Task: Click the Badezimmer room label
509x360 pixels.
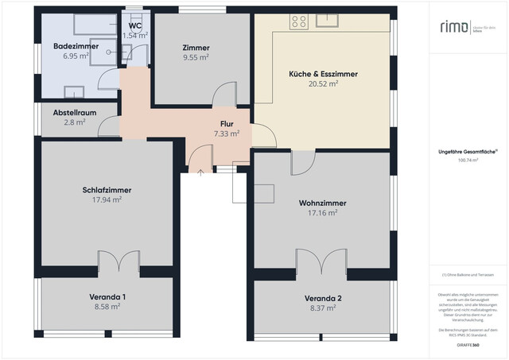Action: (76, 47)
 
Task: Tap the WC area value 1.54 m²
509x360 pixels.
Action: (135, 36)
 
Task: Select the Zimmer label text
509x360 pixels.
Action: (195, 47)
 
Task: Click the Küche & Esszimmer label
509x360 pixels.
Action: (323, 73)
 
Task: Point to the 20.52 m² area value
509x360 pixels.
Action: (323, 83)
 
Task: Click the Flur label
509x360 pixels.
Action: (227, 124)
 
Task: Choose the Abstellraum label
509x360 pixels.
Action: (75, 113)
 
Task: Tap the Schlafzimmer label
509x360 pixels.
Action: (107, 190)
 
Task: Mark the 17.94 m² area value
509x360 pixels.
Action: (107, 200)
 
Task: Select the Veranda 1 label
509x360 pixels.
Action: (107, 296)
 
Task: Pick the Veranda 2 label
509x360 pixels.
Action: (323, 298)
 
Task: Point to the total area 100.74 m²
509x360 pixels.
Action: (467, 160)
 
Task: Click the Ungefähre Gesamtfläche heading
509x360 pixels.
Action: (467, 150)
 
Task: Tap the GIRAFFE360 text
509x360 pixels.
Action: (467, 346)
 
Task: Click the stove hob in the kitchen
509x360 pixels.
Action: (299, 21)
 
